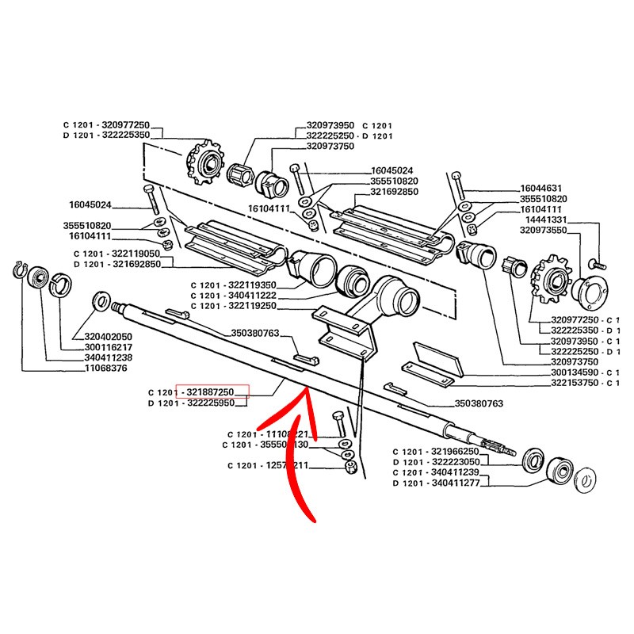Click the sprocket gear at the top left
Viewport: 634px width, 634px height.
coord(205,163)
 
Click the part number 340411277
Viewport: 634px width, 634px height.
coord(453,483)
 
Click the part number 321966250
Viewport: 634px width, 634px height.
coord(453,451)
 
